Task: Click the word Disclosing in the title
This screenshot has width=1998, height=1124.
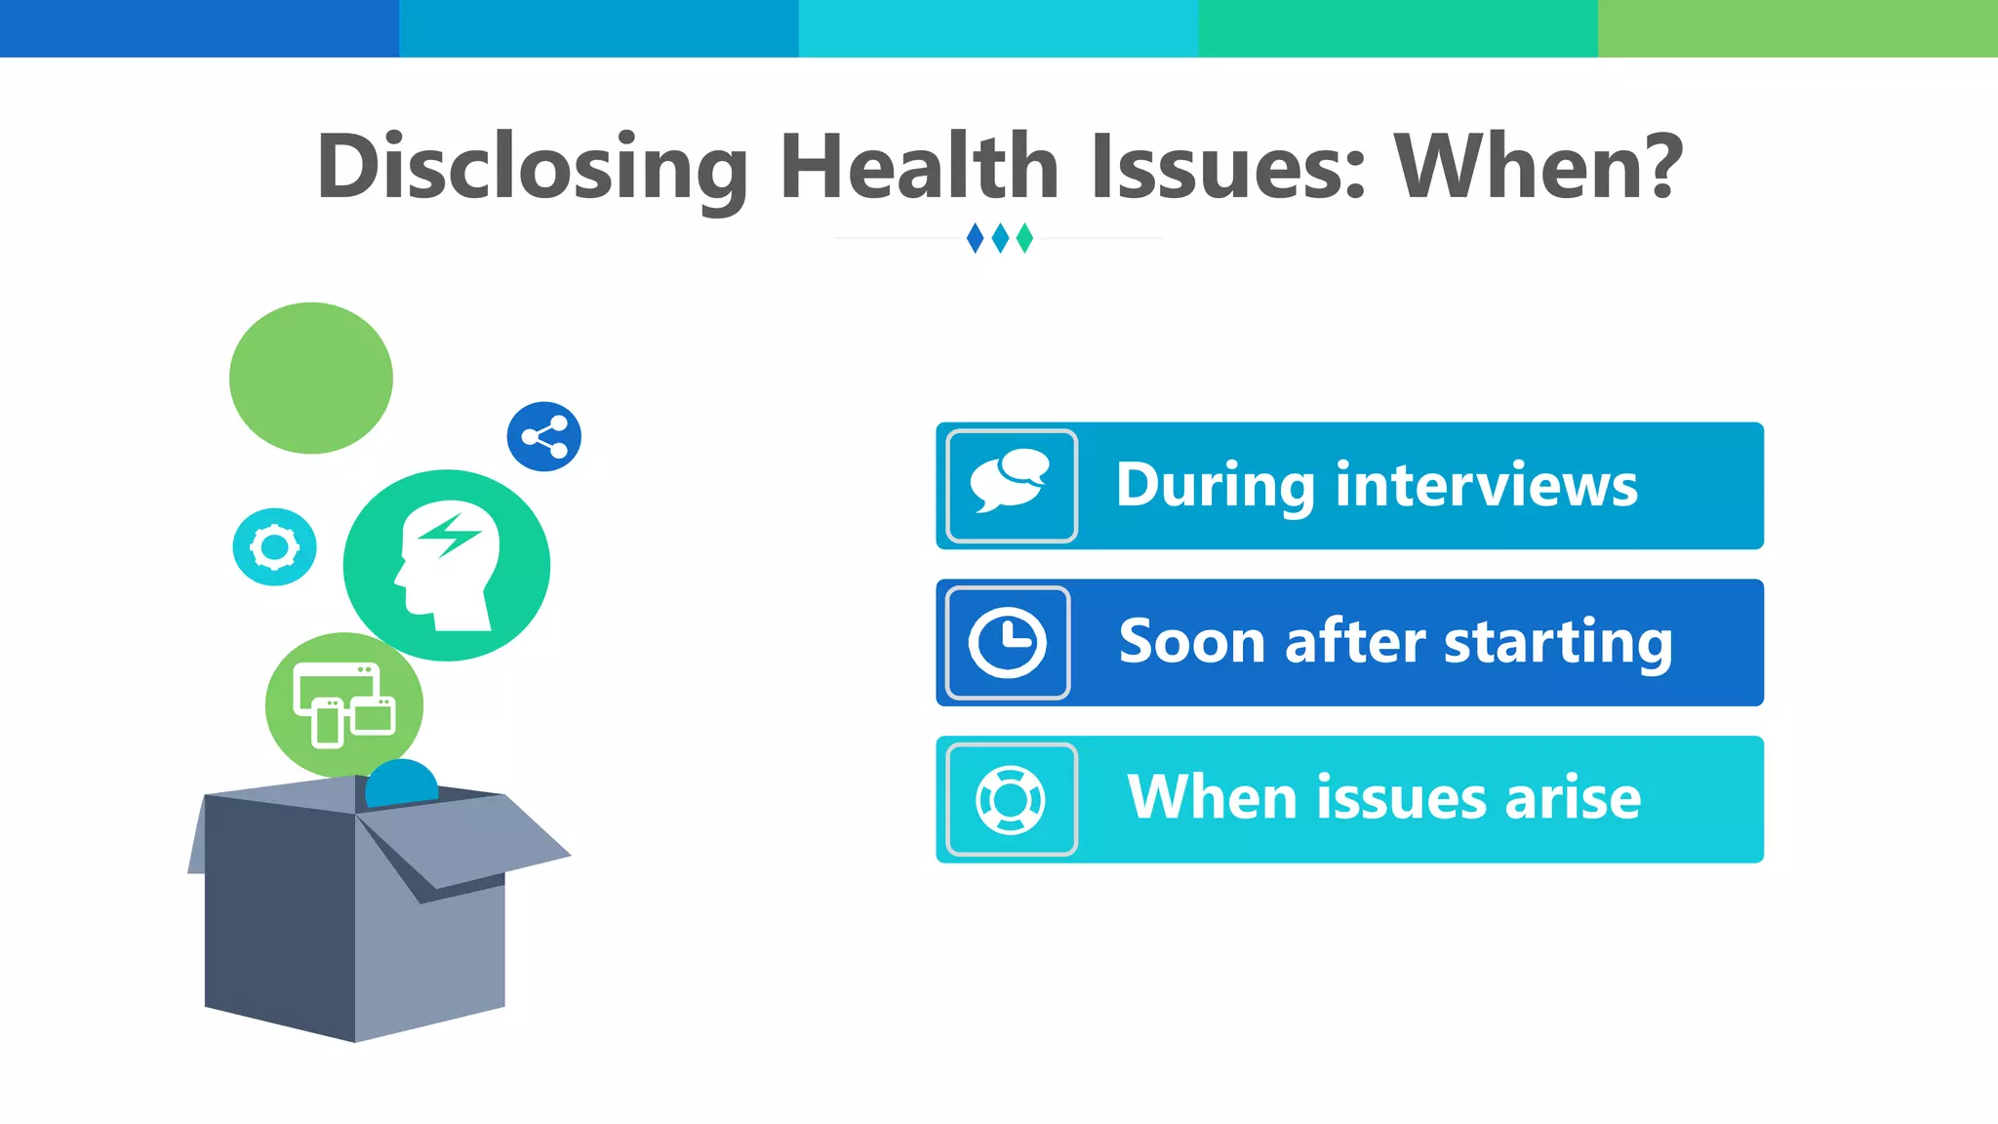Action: coord(532,168)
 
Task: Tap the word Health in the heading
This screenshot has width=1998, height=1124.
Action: coord(919,168)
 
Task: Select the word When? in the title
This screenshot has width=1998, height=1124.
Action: coord(1538,168)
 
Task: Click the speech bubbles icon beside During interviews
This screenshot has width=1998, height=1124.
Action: coord(1011,485)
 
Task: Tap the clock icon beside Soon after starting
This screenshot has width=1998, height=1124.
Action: coord(1008,642)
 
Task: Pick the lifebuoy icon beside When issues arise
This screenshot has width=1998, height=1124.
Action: coord(1011,799)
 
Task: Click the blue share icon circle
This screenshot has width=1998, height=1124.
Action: coord(544,436)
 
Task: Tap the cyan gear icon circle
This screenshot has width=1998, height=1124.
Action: coord(274,546)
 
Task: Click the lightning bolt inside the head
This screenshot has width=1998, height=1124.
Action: coord(449,534)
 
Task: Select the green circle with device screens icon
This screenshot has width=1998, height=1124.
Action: coord(344,704)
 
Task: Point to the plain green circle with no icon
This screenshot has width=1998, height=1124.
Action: coord(311,378)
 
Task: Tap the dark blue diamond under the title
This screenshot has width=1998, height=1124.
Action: coord(975,238)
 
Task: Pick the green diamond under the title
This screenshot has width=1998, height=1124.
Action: coord(1024,238)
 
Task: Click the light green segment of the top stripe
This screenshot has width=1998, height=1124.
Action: coord(1797,28)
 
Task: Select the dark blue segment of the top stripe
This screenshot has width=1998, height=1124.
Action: coord(199,28)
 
